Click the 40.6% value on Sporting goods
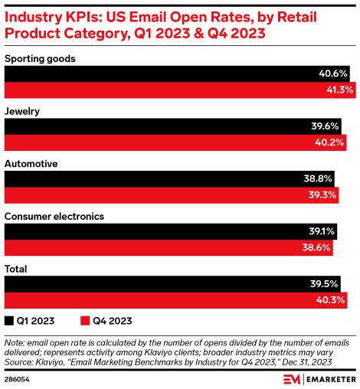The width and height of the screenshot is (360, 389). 333,74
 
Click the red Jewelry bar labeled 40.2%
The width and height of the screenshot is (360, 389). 175,142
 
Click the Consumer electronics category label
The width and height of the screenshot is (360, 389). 54,216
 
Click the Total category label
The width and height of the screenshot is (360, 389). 18,269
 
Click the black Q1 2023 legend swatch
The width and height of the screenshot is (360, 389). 9,321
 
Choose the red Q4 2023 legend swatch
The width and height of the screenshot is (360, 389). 85,321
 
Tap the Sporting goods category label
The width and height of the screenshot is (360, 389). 40,58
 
